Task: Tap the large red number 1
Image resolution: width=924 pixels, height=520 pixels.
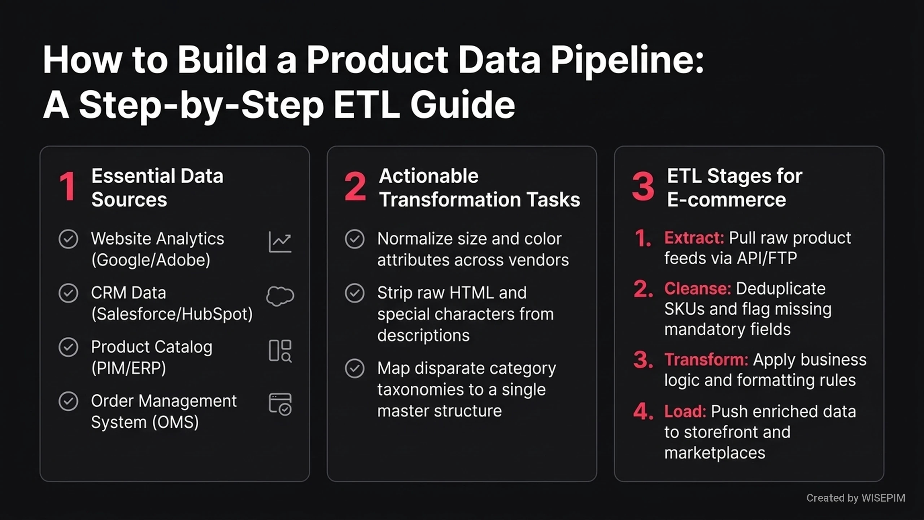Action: [x=67, y=186]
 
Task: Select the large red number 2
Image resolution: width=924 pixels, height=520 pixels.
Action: [x=355, y=186]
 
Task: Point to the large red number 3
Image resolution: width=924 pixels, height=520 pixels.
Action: [x=643, y=186]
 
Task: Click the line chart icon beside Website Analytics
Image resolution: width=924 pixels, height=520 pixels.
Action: [x=280, y=242]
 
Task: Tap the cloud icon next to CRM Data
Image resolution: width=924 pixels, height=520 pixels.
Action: [x=280, y=296]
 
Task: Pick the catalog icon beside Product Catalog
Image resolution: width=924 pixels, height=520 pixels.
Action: [x=280, y=351]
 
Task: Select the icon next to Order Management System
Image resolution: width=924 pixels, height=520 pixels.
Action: [x=280, y=404]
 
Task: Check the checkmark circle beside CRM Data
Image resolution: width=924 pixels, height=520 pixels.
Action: [x=68, y=293]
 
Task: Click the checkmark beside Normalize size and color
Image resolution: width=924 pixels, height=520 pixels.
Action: [x=355, y=239]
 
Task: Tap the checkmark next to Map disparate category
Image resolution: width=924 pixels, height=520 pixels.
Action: [x=355, y=368]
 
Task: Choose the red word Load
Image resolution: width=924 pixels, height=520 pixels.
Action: [x=685, y=411]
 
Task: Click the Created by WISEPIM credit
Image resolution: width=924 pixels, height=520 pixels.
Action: [x=856, y=498]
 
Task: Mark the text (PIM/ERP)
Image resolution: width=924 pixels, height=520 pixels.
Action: [x=128, y=368]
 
